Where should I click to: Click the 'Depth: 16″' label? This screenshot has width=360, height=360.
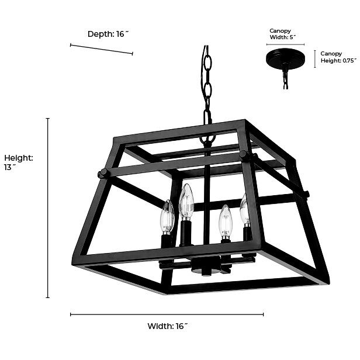(108, 34)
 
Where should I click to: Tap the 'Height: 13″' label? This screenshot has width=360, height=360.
(19, 162)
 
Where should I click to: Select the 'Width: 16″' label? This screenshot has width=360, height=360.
(167, 326)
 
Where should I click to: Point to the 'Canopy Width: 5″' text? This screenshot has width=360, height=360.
(282, 34)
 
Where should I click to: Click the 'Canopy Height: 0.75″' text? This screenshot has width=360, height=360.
(337, 57)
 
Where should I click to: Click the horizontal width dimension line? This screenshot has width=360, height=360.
(167, 314)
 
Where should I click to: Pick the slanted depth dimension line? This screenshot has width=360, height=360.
(101, 49)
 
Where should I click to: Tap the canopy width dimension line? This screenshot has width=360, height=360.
(285, 44)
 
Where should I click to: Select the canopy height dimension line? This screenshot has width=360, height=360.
(316, 58)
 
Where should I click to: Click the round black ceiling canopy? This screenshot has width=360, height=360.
(285, 59)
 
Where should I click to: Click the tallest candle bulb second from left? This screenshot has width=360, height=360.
(186, 202)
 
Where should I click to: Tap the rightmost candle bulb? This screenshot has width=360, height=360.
(245, 210)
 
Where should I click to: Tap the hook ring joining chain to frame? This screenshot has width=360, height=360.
(207, 139)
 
